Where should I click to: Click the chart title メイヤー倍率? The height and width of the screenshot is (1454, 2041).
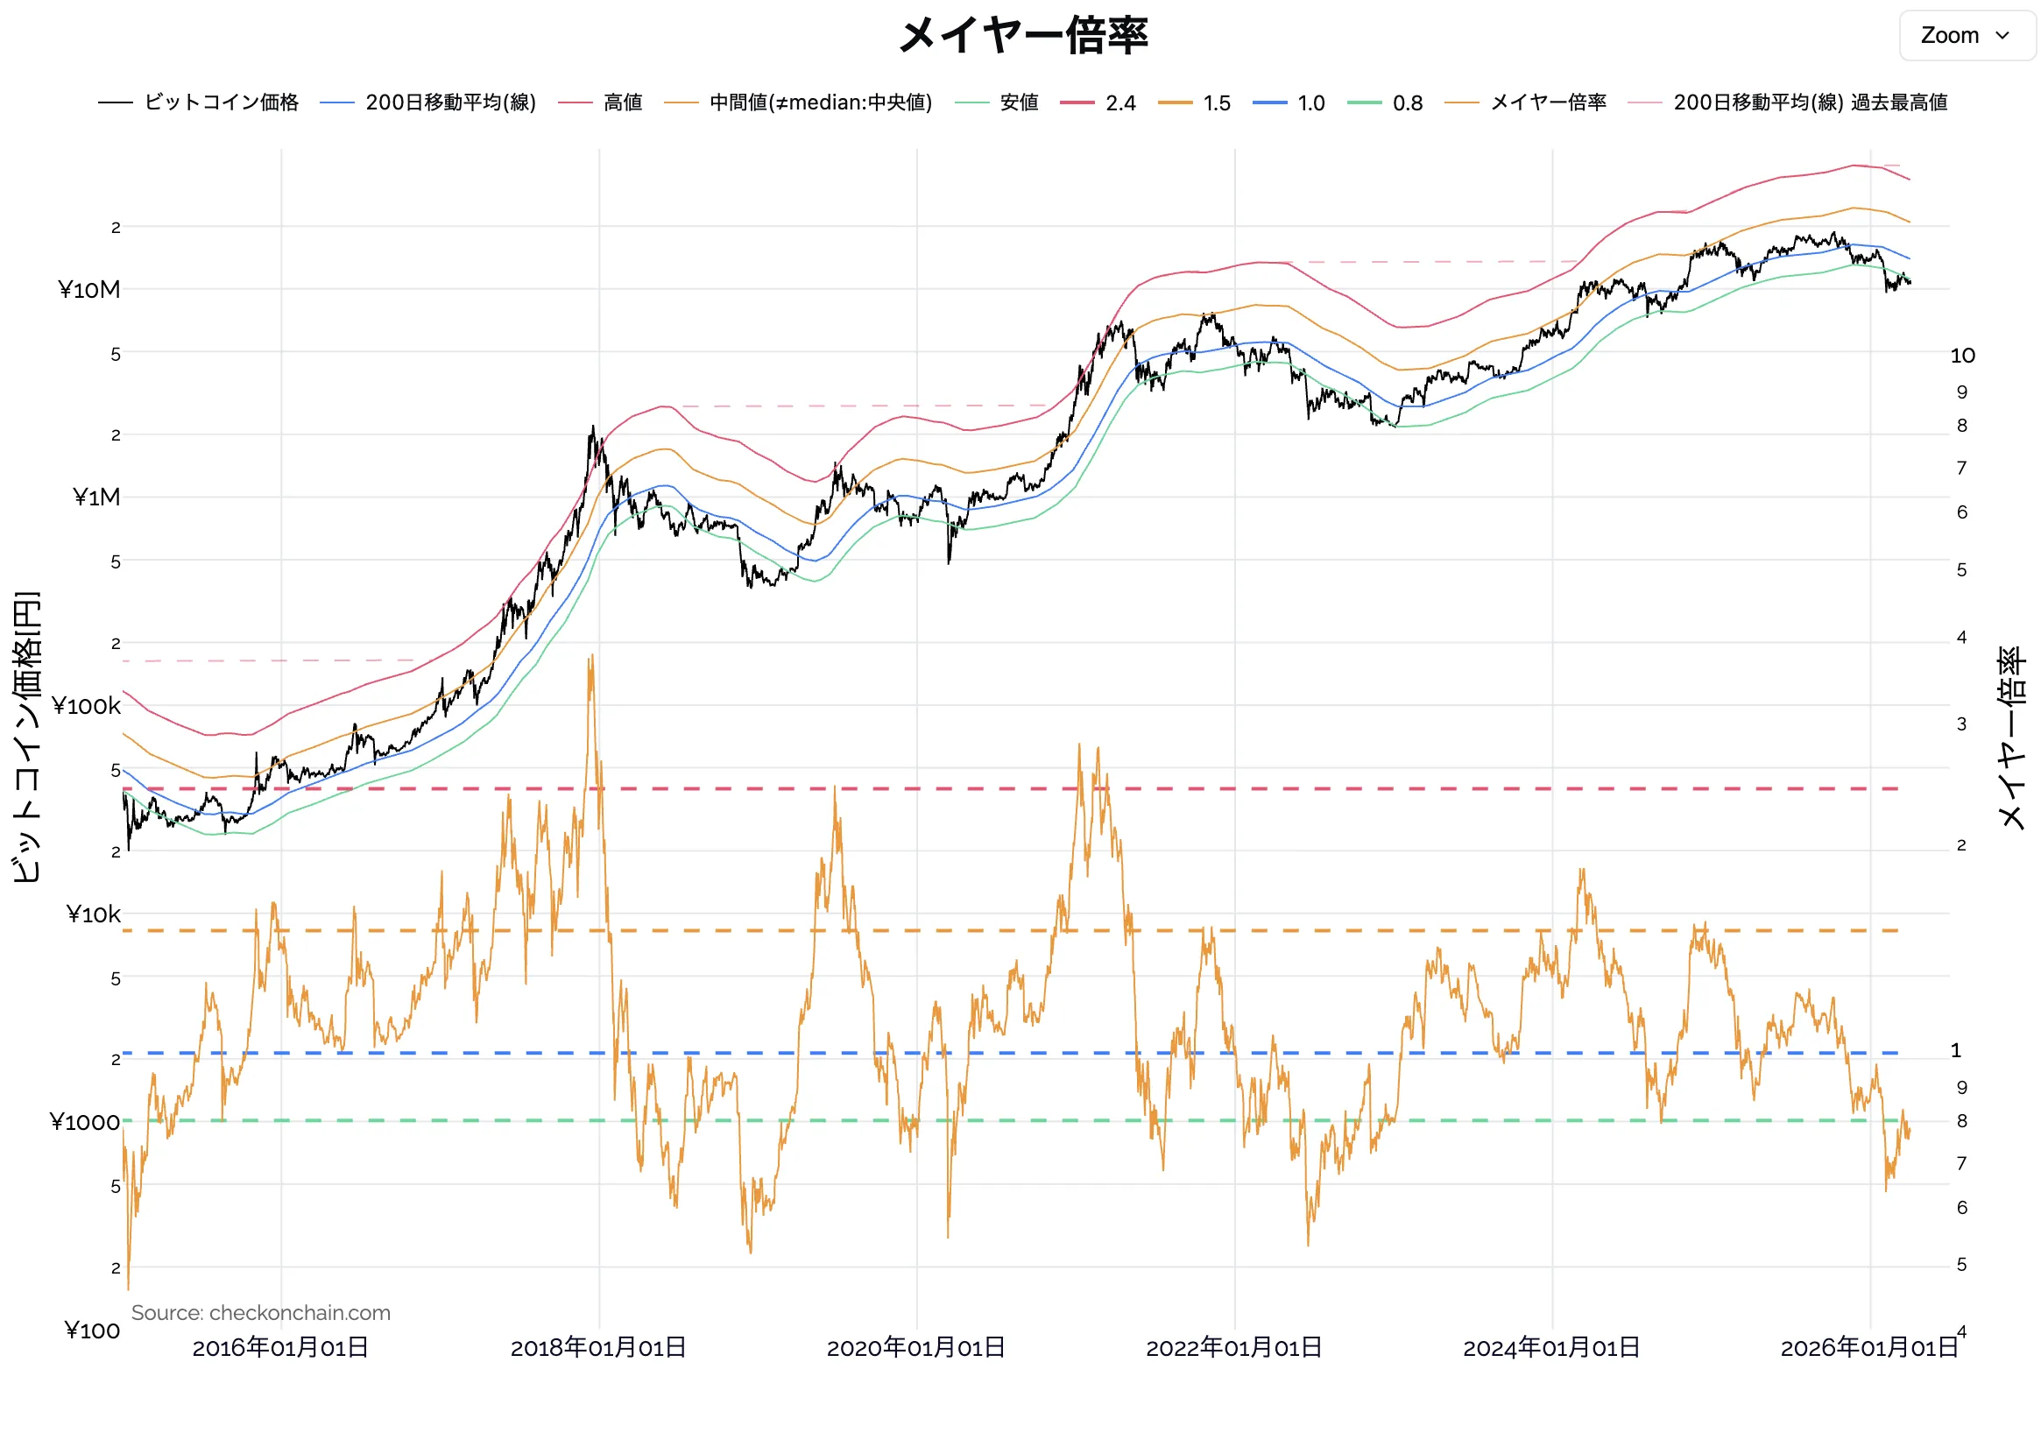point(1021,36)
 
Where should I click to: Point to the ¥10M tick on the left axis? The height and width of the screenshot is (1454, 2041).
point(88,290)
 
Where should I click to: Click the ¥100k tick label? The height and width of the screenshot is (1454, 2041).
point(86,706)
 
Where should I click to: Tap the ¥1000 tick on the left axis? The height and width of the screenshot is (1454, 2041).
point(84,1123)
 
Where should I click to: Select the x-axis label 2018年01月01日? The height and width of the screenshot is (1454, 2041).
point(598,1347)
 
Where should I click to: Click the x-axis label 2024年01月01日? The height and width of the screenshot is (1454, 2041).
point(1550,1347)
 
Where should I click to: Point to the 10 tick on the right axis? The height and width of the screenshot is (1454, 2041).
point(1962,356)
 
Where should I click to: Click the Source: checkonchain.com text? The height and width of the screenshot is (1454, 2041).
point(260,1312)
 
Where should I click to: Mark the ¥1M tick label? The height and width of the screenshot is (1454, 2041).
point(95,498)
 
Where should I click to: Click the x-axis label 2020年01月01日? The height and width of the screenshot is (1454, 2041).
point(915,1347)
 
